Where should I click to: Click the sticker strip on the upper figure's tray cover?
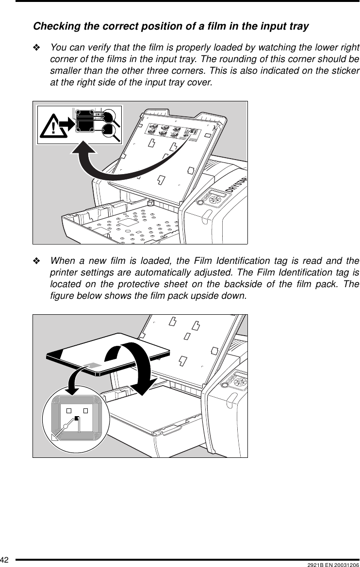(172, 131)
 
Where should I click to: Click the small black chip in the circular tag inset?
(77, 419)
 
